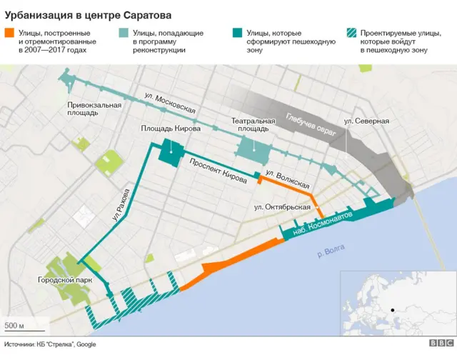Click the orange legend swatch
(9, 33)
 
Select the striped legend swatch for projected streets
(351, 33)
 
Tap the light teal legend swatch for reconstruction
(123, 33)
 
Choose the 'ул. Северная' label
(366, 121)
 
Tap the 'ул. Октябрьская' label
(282, 207)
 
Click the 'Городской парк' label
(65, 281)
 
